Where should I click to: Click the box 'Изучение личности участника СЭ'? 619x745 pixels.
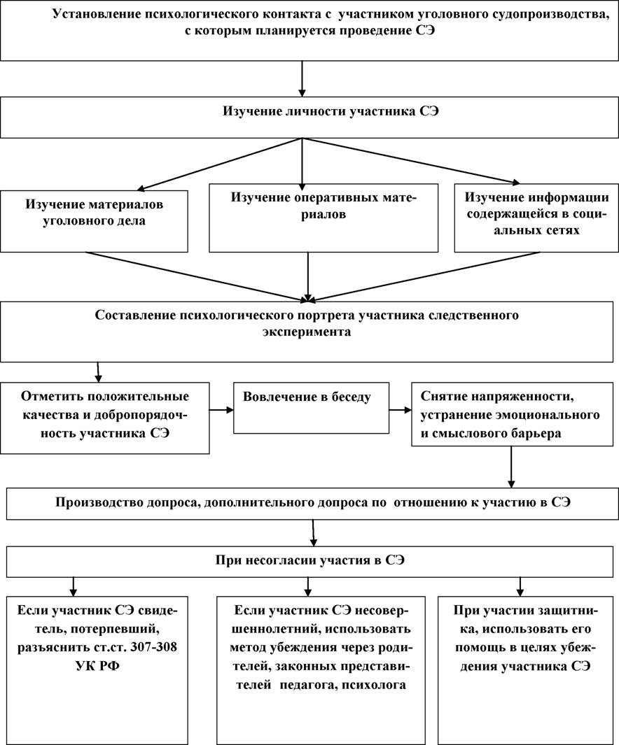(x=309, y=118)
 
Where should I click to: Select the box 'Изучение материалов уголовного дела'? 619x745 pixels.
(x=94, y=222)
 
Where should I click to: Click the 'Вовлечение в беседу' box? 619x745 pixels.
(x=311, y=408)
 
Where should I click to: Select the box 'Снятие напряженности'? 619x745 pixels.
(x=512, y=414)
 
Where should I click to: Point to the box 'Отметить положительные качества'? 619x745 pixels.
(x=104, y=418)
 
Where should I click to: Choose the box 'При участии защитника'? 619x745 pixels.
(x=526, y=670)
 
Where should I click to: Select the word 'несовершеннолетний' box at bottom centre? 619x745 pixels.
(x=321, y=670)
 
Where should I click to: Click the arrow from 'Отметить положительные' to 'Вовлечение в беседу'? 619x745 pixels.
(x=221, y=409)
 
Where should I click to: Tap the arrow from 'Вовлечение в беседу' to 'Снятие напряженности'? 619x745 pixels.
(x=401, y=409)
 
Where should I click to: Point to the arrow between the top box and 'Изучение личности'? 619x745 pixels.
(x=302, y=79)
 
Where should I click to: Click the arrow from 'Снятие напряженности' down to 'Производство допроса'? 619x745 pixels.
(x=512, y=467)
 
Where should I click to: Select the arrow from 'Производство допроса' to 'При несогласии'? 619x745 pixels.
(x=313, y=533)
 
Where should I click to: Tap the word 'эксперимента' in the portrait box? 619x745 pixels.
(x=307, y=332)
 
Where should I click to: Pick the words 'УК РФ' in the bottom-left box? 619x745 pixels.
(x=97, y=666)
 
